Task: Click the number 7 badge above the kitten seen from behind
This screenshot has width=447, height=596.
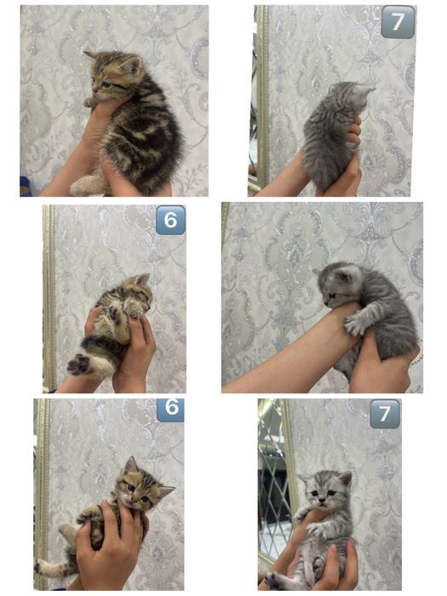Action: (398, 22)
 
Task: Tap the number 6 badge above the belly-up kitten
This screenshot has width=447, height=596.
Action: (170, 220)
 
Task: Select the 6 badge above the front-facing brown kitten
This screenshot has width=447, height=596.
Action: (170, 409)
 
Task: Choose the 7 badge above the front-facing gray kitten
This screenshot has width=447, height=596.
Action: (385, 414)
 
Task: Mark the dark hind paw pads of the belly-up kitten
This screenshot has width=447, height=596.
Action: (79, 364)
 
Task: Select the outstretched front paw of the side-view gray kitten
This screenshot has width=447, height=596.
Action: (354, 324)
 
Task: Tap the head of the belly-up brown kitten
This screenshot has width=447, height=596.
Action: (138, 294)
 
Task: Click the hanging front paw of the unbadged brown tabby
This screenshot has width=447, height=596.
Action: (89, 102)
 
